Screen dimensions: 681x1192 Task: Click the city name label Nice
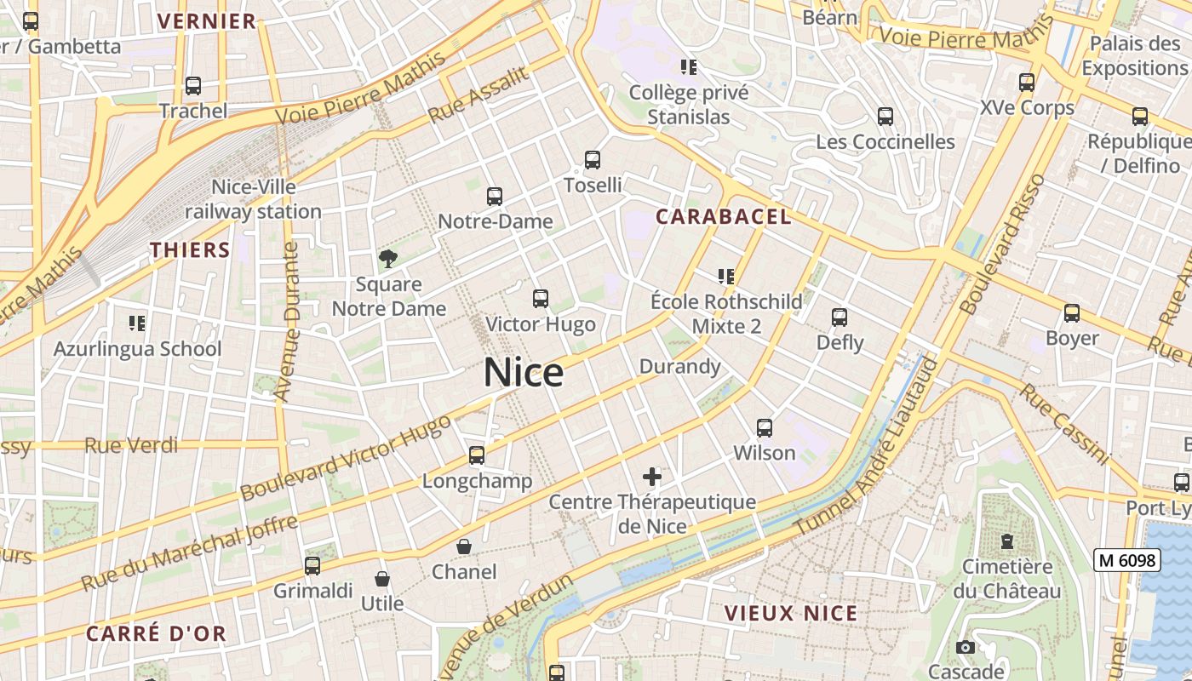(524, 373)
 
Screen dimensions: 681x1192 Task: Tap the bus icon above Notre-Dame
(495, 197)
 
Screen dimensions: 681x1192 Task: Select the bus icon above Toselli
(593, 159)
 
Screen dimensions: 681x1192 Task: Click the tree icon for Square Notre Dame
(388, 259)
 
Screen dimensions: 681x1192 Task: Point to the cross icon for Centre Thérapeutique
(652, 477)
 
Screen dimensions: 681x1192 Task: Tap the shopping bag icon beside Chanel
(464, 547)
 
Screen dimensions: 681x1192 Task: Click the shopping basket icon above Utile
(382, 579)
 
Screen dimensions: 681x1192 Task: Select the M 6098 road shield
(1127, 559)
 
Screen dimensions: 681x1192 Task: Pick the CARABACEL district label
(724, 217)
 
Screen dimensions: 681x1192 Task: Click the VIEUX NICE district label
(791, 613)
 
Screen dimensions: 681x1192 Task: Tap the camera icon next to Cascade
(965, 648)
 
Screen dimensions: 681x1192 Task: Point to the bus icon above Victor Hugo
(541, 299)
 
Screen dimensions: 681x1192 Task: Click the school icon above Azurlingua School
(137, 323)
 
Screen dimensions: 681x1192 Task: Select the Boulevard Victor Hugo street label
(345, 458)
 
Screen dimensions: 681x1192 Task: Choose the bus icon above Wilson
(765, 428)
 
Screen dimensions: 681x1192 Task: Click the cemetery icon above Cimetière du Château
(1007, 541)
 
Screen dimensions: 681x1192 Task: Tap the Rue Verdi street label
(131, 445)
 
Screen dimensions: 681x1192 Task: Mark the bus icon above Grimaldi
(312, 566)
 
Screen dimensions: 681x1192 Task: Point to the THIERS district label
(190, 250)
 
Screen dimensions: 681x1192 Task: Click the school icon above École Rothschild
(726, 276)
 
